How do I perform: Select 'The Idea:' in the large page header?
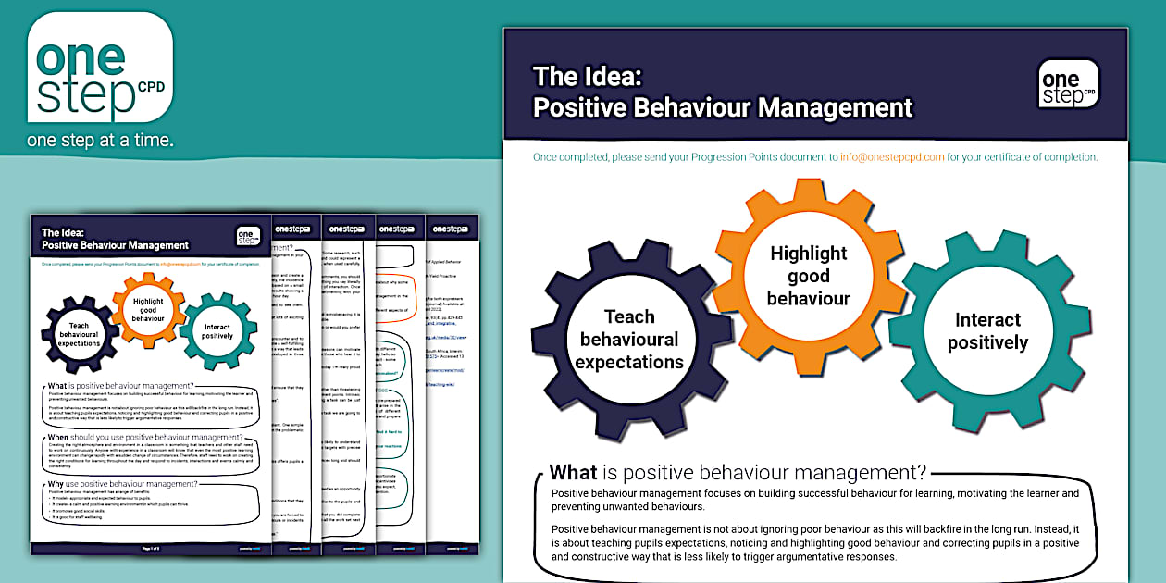tap(587, 77)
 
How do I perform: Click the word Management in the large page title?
tap(836, 107)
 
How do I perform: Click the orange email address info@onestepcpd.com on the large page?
tap(892, 157)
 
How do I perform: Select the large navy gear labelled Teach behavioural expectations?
tap(629, 340)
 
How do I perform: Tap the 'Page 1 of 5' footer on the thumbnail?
tap(152, 549)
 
